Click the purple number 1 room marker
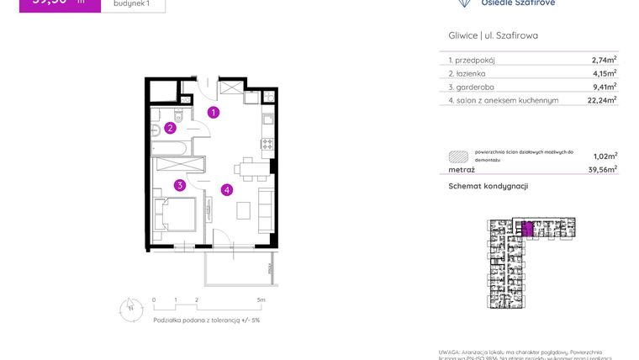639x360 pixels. (214, 112)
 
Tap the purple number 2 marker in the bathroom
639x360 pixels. (170, 128)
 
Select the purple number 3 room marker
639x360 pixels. (179, 185)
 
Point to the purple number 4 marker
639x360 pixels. (227, 189)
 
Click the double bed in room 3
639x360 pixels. (177, 213)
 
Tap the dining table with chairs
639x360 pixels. (248, 169)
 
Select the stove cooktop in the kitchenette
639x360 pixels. (267, 143)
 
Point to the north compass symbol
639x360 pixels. (130, 309)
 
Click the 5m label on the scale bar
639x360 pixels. (261, 299)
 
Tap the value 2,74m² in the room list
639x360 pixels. (604, 60)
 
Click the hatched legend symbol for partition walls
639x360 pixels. (458, 155)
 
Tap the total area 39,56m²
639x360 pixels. (604, 169)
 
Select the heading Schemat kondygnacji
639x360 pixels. (488, 186)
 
